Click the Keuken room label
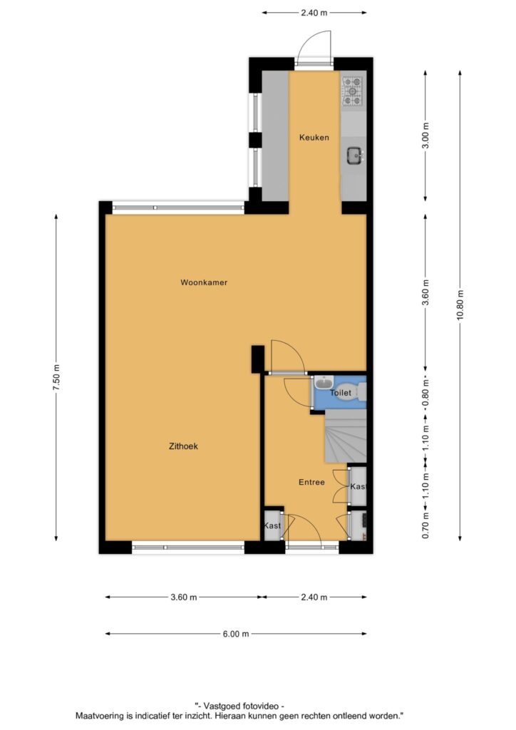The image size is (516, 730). point(314,138)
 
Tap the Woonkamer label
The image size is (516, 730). point(204,282)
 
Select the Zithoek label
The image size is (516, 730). point(183,446)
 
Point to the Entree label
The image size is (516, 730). point(311,483)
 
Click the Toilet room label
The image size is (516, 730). point(341,393)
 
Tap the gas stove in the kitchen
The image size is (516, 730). point(352,91)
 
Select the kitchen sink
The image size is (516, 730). point(354,155)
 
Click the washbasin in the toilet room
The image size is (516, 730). point(323,383)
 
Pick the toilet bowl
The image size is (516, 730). point(361,392)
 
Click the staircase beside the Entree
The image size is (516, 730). point(345,436)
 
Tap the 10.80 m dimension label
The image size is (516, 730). point(460,305)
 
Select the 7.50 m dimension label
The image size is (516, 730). point(56,378)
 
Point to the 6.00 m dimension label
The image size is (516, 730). point(236,634)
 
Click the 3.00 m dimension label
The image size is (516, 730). point(425,135)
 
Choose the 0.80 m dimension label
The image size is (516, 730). point(425,392)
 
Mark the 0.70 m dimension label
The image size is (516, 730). point(425,525)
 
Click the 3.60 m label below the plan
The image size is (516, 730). point(184,597)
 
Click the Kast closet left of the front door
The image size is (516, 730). point(273,525)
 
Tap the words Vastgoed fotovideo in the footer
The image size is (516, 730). point(239,706)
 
